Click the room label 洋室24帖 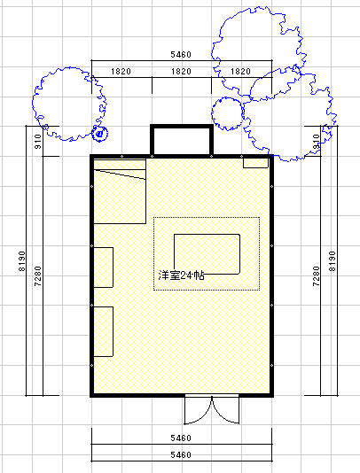pos(181,275)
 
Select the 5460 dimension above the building pos(181,55)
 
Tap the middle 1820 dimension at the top pos(181,72)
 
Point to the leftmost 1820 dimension pos(121,72)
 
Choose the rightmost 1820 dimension pos(240,72)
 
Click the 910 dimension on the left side pos(38,142)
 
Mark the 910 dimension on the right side pos(316,142)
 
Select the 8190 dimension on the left pos(22,261)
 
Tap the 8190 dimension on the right pos(333,261)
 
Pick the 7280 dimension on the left pos(38,276)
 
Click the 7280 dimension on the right pos(316,276)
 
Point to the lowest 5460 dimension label pos(181,455)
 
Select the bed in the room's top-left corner pos(120,191)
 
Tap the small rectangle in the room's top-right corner pos(255,163)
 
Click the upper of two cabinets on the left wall pos(103,268)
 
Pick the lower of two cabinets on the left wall pos(103,331)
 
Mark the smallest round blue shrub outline pos(99,134)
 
